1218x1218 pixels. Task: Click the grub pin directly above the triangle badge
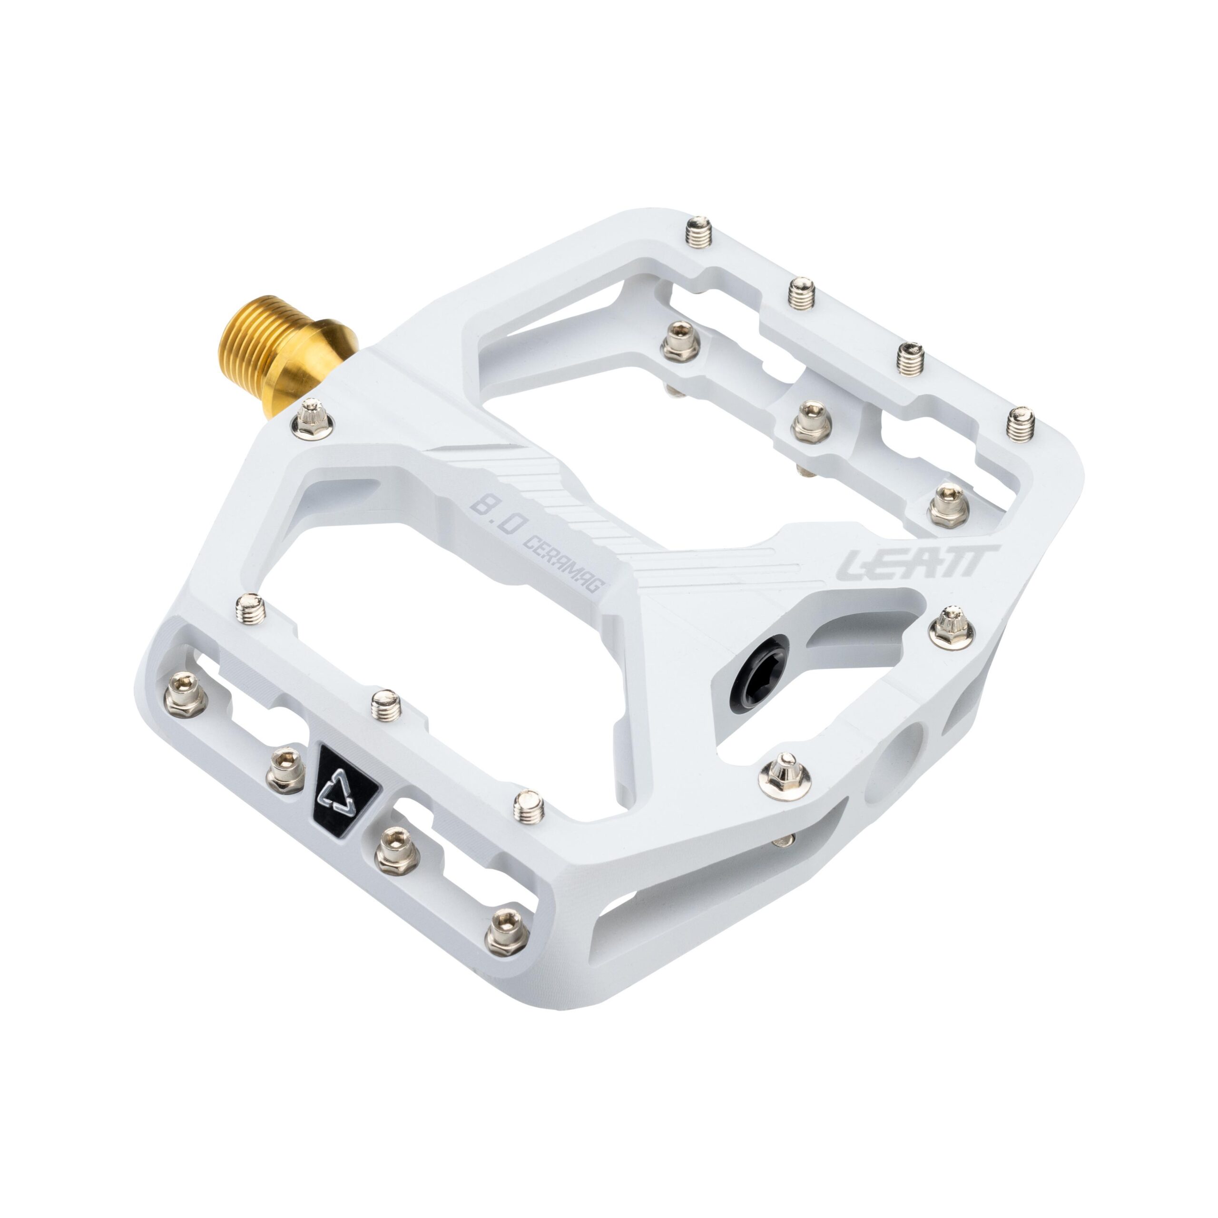pyautogui.click(x=386, y=704)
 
